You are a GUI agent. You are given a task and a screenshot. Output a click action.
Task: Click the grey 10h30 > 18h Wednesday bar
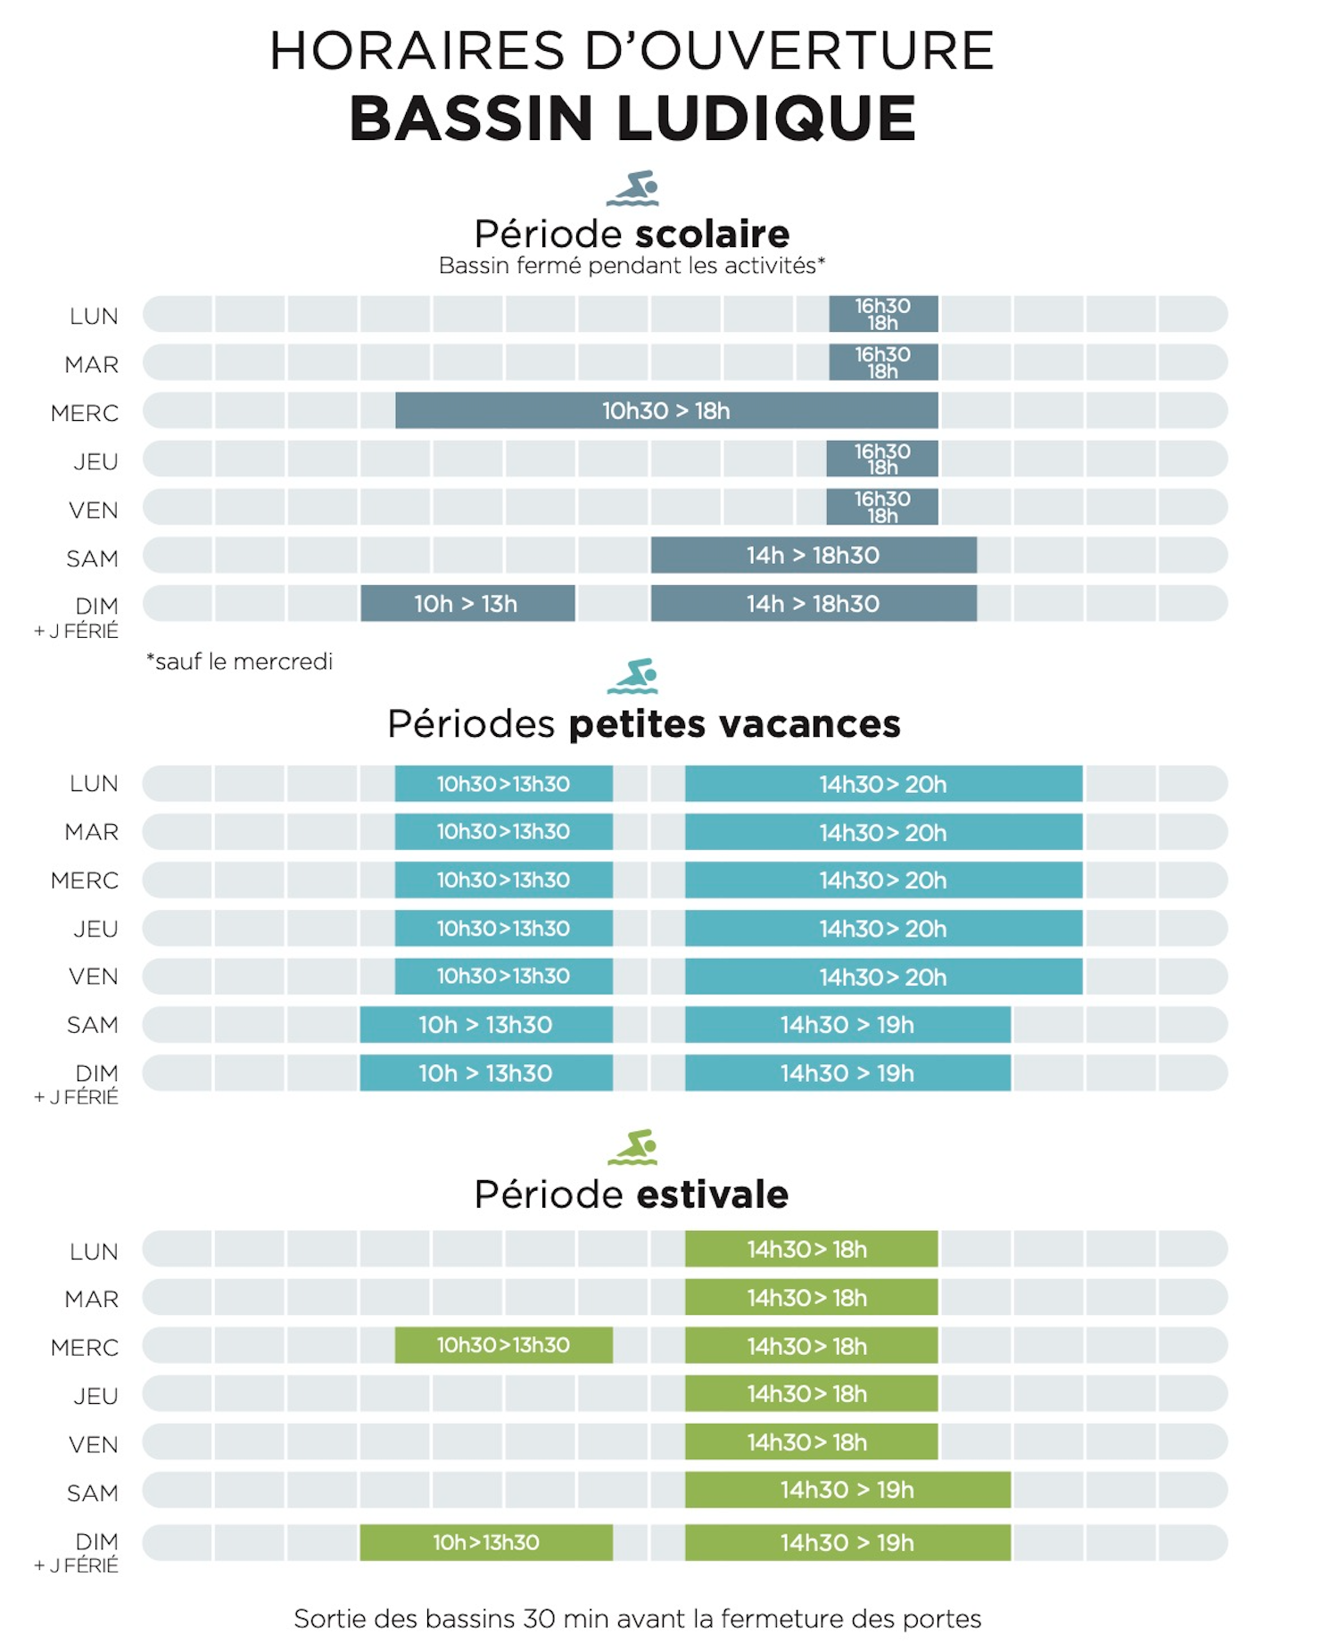[x=666, y=411]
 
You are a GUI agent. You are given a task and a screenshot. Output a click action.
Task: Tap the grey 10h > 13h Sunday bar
[x=467, y=604]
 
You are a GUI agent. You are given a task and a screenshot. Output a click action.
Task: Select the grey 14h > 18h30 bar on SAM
[x=814, y=556]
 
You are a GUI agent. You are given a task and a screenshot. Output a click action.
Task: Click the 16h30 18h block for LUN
[x=883, y=314]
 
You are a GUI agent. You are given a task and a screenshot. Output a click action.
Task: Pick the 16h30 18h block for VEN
[x=882, y=507]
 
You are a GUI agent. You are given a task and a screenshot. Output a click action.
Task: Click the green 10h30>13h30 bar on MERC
[x=503, y=1345]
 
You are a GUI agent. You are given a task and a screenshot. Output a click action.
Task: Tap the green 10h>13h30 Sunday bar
[x=486, y=1542]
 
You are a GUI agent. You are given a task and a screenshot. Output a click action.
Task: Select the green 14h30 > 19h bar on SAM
[x=847, y=1490]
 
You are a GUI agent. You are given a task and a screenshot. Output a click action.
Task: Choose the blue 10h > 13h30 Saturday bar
[x=486, y=1025]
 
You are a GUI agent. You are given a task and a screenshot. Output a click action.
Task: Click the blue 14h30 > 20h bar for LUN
[x=883, y=784]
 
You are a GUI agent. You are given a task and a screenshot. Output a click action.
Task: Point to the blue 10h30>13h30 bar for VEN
[x=503, y=977]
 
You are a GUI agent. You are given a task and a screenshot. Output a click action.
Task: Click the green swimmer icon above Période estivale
[x=632, y=1147]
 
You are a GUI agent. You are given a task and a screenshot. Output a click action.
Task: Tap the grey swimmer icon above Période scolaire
[x=632, y=188]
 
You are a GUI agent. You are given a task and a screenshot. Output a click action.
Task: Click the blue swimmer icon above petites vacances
[x=632, y=676]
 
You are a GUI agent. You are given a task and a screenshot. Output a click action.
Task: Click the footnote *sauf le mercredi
[x=240, y=662]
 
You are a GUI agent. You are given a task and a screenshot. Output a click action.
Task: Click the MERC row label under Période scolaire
[x=85, y=414]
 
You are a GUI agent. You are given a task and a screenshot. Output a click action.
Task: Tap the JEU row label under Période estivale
[x=95, y=1396]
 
